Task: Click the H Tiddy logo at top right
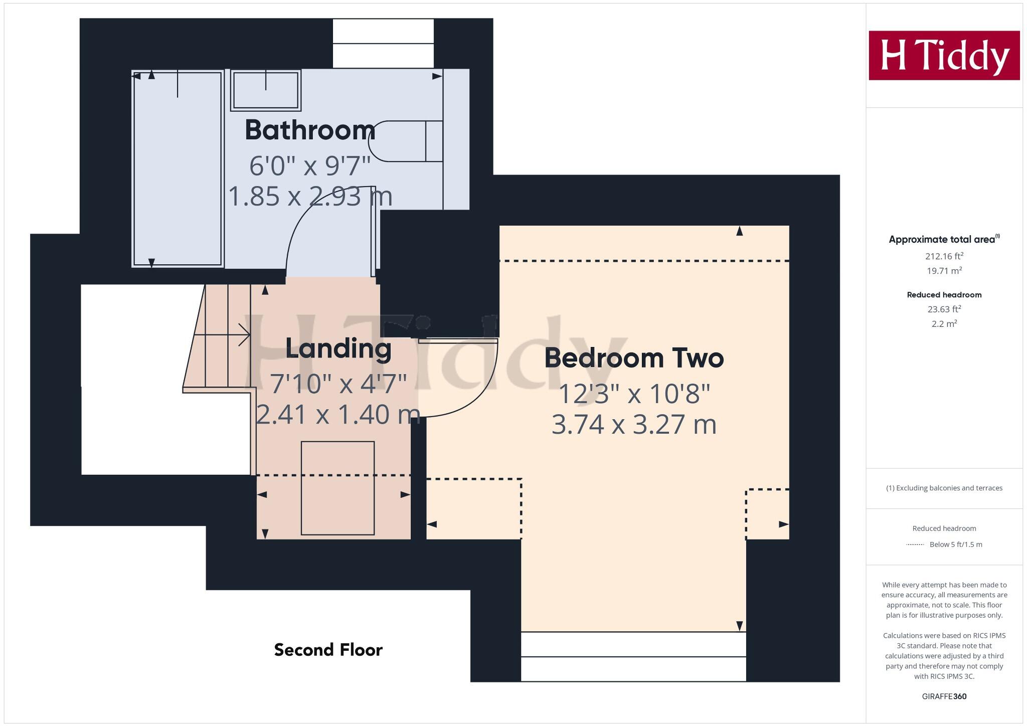click(x=944, y=55)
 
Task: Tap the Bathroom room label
click(x=310, y=130)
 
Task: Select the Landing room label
click(x=338, y=348)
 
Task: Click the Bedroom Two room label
click(x=634, y=358)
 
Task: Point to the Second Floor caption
click(x=328, y=650)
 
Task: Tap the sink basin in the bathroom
click(x=265, y=90)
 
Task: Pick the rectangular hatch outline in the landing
click(x=337, y=488)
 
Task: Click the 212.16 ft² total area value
click(x=944, y=256)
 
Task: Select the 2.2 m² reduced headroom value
click(x=944, y=324)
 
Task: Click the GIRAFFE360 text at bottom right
click(x=944, y=696)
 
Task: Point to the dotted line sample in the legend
click(x=915, y=544)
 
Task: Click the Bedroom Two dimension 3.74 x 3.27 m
click(x=634, y=425)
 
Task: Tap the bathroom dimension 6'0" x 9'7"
click(x=310, y=165)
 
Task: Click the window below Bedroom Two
click(x=633, y=657)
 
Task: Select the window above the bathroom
click(x=383, y=44)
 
